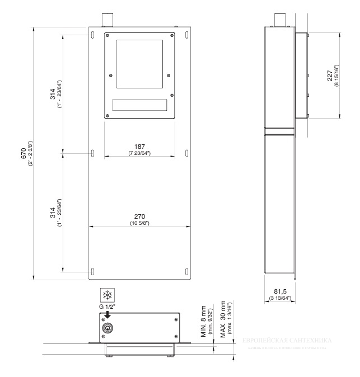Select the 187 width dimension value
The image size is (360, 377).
[138, 147]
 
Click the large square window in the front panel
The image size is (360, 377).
[139, 63]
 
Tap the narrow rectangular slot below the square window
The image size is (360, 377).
[139, 105]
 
